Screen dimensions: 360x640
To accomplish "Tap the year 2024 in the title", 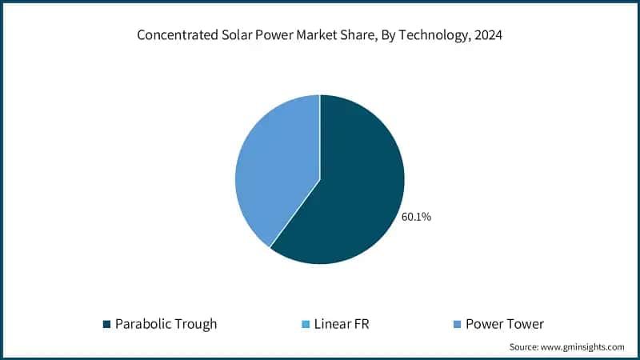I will (482, 35).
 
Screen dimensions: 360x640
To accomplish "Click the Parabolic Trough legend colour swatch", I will (106, 324).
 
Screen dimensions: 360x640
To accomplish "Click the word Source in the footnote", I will (524, 347).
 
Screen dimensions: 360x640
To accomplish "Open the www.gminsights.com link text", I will (584, 347).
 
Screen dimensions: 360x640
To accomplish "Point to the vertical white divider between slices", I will (320, 136).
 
